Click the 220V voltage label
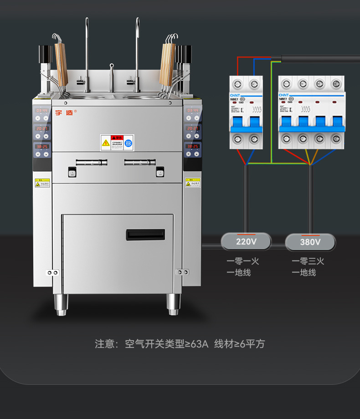[246, 241]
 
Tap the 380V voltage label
[310, 242]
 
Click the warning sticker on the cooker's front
[117, 142]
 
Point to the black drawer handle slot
[145, 235]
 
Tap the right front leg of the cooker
[173, 304]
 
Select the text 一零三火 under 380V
[308, 261]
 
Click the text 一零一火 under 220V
[243, 261]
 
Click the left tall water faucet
[87, 50]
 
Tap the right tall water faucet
[137, 50]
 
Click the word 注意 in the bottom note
[104, 344]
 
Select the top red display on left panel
[42, 111]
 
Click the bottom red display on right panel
[192, 147]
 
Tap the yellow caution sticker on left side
[42, 183]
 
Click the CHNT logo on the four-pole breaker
[284, 94]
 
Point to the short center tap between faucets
[111, 75]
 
